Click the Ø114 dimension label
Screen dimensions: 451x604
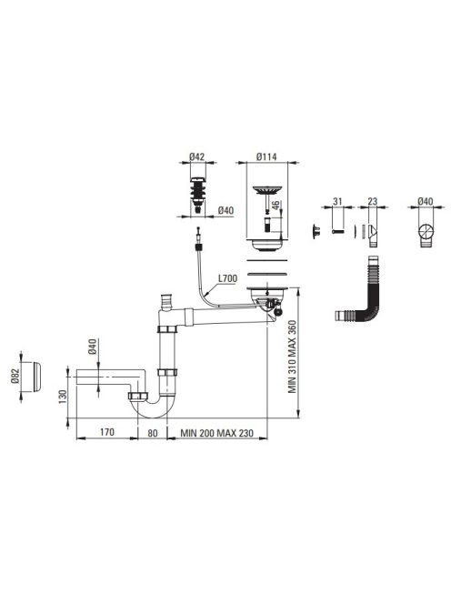click(266, 156)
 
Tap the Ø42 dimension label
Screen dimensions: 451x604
click(196, 156)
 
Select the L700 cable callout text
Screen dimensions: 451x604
click(227, 278)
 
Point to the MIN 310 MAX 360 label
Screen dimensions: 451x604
click(293, 357)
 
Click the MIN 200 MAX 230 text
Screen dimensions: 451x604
click(216, 433)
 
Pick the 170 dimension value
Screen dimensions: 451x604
click(106, 432)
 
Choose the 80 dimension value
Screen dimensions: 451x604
click(153, 433)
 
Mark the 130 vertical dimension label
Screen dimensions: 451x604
click(63, 397)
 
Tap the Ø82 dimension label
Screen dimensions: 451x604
click(15, 376)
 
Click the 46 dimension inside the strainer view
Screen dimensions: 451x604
click(276, 206)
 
